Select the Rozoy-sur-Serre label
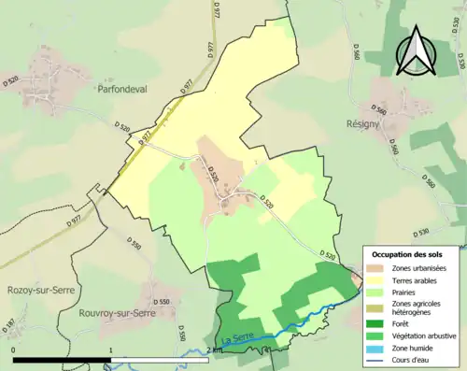coord(34,291)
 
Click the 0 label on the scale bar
coord(14,350)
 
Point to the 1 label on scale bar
coord(111,350)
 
